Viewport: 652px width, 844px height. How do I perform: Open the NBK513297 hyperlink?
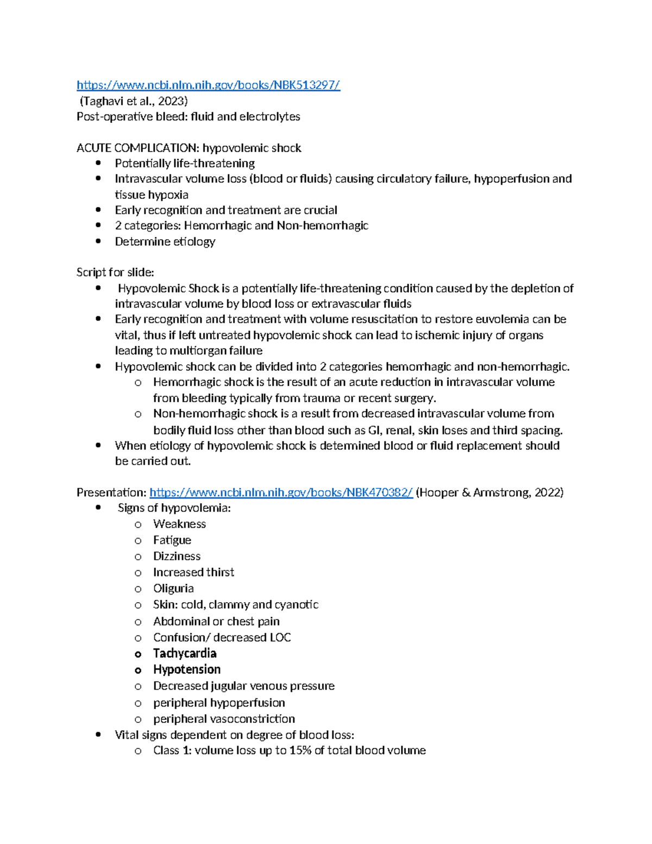pyautogui.click(x=208, y=85)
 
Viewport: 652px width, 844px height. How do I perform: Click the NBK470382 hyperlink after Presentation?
pyautogui.click(x=281, y=492)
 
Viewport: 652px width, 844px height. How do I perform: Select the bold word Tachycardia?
pyautogui.click(x=185, y=653)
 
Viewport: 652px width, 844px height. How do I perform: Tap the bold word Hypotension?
pyautogui.click(x=187, y=670)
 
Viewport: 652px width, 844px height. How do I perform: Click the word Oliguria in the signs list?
pyautogui.click(x=173, y=589)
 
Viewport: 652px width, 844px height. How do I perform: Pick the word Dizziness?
pyautogui.click(x=177, y=556)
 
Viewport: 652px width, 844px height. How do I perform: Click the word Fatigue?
pyautogui.click(x=172, y=540)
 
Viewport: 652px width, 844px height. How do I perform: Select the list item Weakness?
pyautogui.click(x=179, y=524)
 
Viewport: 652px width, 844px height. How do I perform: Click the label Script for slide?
pyautogui.click(x=115, y=272)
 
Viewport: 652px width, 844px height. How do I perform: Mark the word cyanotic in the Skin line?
pyautogui.click(x=297, y=605)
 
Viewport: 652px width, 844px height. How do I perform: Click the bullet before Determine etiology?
pyautogui.click(x=98, y=241)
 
